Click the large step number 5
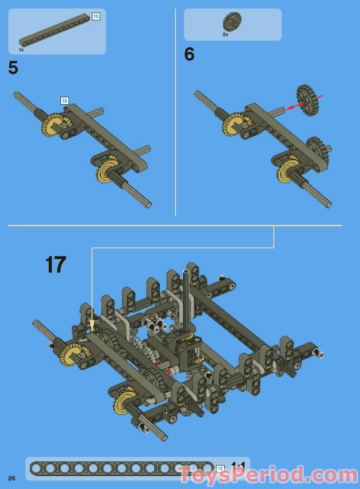13,68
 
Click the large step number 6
189,55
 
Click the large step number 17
55,265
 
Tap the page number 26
12,478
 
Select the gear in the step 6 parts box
232,21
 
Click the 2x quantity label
225,34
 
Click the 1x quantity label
21,50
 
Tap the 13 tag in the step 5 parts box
96,17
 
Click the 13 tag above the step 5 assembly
65,101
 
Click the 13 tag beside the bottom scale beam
220,468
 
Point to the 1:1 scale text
238,466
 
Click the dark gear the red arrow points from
308,100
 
